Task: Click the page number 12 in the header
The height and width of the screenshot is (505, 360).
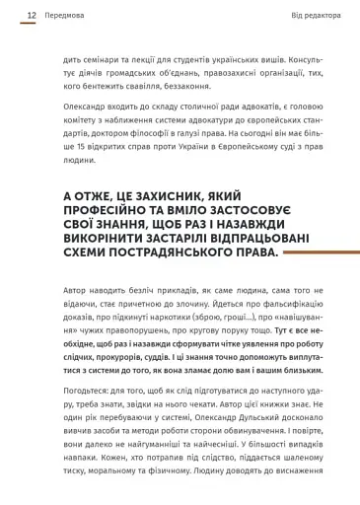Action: [x=33, y=16]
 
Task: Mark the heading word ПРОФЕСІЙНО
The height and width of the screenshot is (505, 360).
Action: [x=108, y=212]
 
